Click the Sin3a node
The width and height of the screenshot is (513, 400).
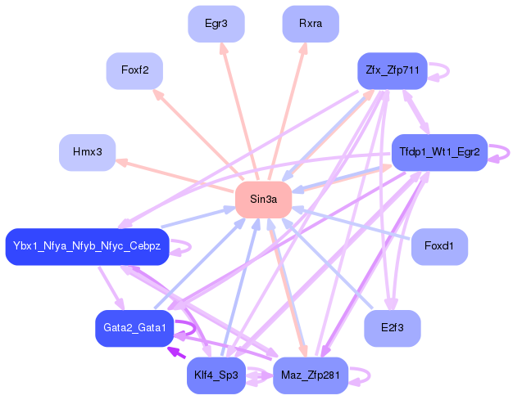point(264,200)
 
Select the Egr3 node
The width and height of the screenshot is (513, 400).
point(216,24)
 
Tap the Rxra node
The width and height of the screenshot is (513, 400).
point(311,24)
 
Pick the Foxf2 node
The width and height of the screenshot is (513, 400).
point(134,70)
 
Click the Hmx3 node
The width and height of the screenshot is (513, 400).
point(88,152)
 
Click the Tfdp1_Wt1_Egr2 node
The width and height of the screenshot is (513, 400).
point(439,152)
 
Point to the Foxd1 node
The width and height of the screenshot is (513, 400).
point(439,246)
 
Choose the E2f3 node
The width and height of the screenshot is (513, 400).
point(393,328)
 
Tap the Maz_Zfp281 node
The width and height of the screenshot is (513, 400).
point(311,375)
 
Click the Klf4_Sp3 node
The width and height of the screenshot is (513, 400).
point(216,375)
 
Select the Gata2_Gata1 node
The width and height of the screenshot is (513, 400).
point(134,328)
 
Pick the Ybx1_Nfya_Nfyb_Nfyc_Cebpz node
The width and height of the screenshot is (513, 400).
point(87,246)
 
